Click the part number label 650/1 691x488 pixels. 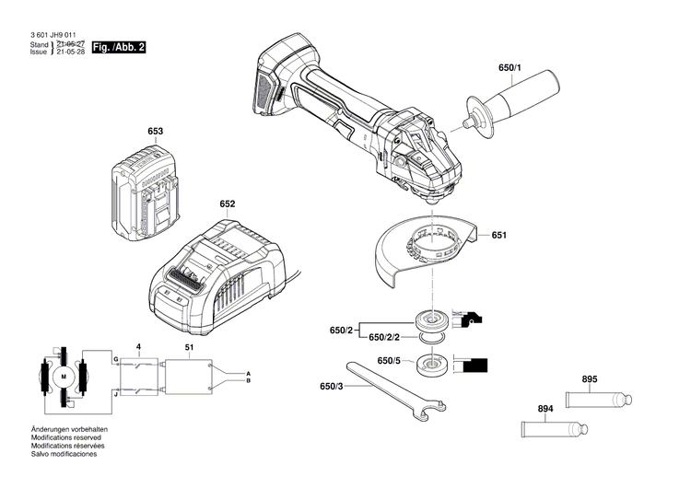pos(509,69)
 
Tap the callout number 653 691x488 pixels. pos(155,132)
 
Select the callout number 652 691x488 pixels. pos(228,204)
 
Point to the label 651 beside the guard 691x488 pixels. pos(498,236)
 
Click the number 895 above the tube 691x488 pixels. pos(589,379)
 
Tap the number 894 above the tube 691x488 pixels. pos(546,408)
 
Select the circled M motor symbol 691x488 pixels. pos(64,377)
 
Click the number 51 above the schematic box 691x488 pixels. pos(189,347)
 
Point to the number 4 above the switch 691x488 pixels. pos(138,347)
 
